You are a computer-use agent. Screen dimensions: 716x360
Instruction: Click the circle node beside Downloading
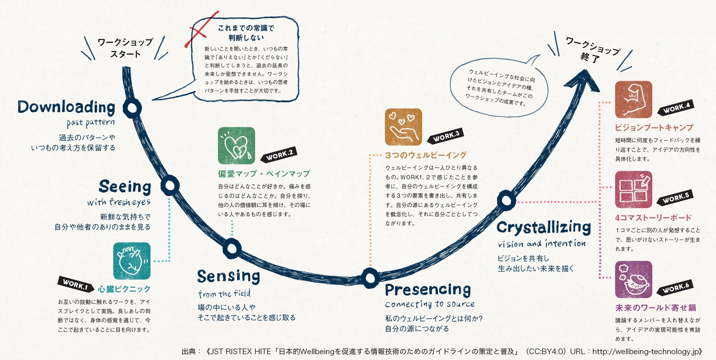[x=132, y=108]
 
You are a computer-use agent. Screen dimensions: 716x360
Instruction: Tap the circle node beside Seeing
[x=170, y=186]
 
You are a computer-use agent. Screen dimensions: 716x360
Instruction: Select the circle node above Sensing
[x=232, y=249]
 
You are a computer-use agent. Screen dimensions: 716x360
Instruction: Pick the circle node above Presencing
[x=370, y=278]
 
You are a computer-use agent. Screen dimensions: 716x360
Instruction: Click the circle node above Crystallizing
[x=506, y=200]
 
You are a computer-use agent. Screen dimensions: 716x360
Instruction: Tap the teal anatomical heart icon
[x=132, y=261]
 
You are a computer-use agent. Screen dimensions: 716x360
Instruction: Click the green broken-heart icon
[x=236, y=146]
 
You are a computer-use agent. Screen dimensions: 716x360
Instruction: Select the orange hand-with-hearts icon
[x=403, y=127]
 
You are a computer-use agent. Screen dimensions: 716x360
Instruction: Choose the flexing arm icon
[x=633, y=99]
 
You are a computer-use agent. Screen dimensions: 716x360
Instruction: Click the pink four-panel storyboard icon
[x=633, y=190]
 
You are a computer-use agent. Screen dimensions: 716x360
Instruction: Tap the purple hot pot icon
[x=633, y=280]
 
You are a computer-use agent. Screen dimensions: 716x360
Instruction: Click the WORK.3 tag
[x=446, y=136]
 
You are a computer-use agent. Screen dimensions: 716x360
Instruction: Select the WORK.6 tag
[x=675, y=287]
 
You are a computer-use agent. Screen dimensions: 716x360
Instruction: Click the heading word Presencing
[x=428, y=290]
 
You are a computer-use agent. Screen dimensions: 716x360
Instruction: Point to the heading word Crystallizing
[x=543, y=228]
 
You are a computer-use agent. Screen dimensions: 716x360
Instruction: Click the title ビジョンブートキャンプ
[x=654, y=128]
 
